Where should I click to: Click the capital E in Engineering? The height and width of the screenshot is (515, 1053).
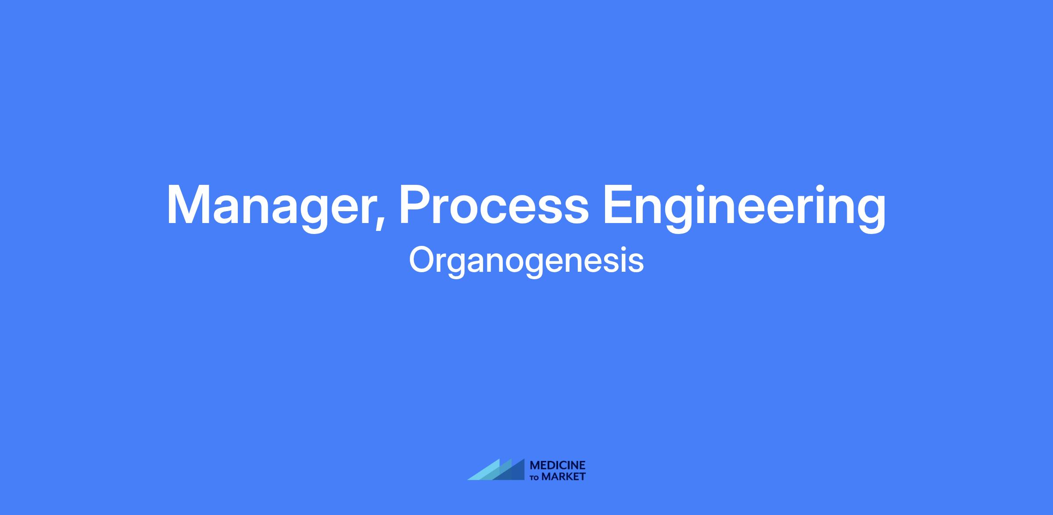coord(619,204)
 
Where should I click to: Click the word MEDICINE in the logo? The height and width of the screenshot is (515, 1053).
coord(558,465)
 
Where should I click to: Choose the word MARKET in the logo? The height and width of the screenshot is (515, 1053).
coord(563,476)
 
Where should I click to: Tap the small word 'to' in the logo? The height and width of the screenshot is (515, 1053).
coord(535,477)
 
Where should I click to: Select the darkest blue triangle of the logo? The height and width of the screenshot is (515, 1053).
coord(513,472)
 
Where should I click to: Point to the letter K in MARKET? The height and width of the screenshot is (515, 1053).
coord(569,476)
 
